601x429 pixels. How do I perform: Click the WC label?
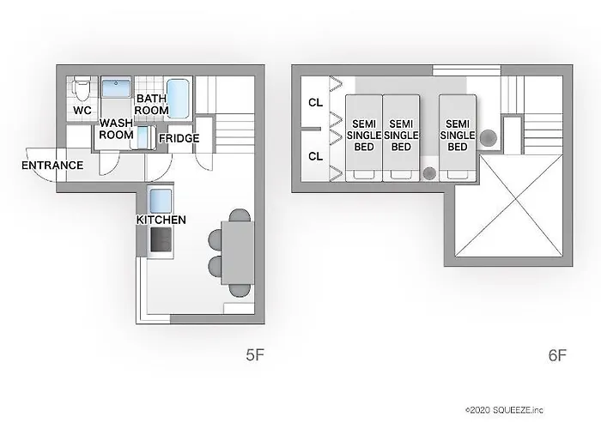(x=82, y=112)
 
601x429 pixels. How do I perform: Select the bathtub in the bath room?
(x=179, y=98)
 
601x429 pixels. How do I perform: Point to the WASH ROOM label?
(x=116, y=130)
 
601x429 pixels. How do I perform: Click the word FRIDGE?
(x=179, y=138)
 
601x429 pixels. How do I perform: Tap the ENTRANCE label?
(x=52, y=165)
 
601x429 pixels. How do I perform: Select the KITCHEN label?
(x=161, y=221)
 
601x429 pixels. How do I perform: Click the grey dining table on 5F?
(x=238, y=251)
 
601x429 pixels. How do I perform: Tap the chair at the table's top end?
(x=240, y=214)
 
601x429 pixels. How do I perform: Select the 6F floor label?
(x=556, y=353)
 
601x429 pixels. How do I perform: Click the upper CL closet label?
(x=315, y=103)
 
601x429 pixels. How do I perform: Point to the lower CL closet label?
(x=315, y=156)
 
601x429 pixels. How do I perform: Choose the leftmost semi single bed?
(x=362, y=136)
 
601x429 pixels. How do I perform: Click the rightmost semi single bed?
(x=458, y=136)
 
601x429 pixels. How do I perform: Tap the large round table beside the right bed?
(x=488, y=136)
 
